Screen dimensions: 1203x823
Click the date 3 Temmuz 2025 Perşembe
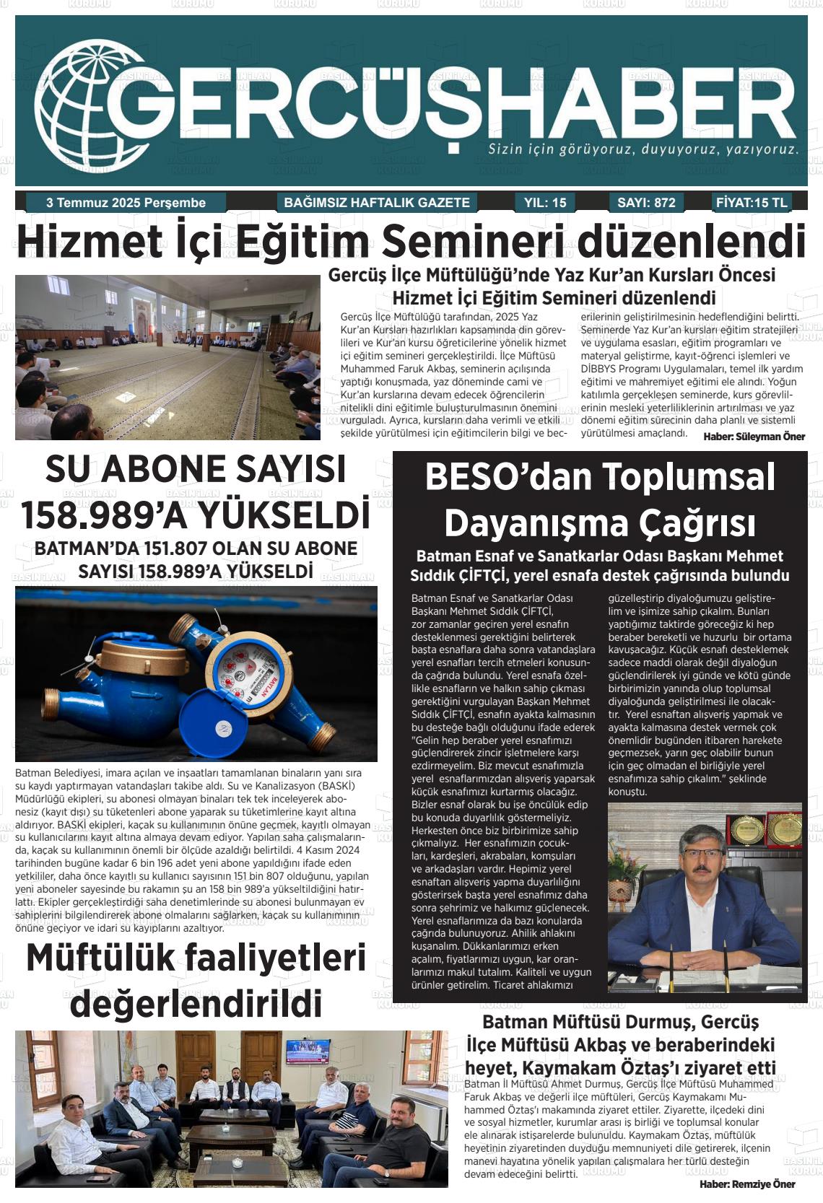tap(126, 203)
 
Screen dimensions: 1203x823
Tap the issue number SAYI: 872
tap(646, 203)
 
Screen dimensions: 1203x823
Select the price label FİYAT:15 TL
tap(752, 203)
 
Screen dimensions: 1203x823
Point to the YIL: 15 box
tap(544, 203)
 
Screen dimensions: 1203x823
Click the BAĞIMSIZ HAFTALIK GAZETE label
tap(377, 203)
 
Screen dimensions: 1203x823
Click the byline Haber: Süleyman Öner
tap(754, 437)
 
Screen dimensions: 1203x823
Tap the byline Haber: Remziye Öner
tap(747, 1184)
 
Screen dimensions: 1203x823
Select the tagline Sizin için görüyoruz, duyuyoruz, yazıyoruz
tap(643, 150)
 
